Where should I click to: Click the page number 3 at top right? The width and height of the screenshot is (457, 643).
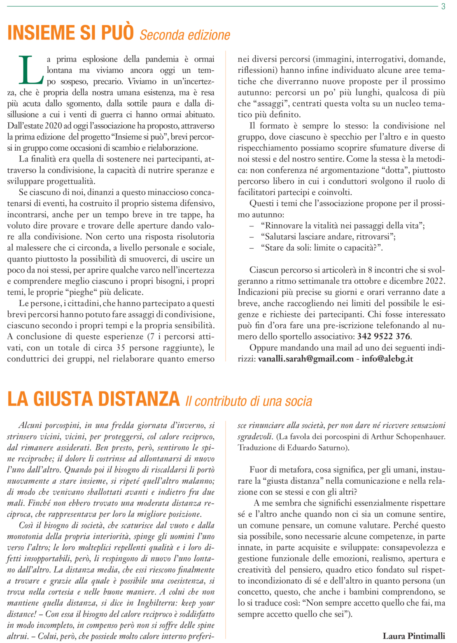443,7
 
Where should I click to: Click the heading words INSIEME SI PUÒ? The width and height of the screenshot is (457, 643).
70,33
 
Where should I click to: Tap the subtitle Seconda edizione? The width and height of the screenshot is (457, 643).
185,35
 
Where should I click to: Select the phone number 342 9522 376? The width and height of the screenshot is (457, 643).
383,336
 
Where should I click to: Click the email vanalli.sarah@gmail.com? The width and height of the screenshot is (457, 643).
306,359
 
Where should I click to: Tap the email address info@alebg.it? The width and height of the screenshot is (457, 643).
387,359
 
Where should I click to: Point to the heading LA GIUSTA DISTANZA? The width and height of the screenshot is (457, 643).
93,399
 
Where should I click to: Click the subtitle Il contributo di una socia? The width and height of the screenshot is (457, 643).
249,401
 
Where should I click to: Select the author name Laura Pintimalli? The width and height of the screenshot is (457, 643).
414,636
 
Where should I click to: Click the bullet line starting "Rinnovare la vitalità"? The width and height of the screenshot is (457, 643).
343,226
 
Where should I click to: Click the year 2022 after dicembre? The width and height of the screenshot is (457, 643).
434,281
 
